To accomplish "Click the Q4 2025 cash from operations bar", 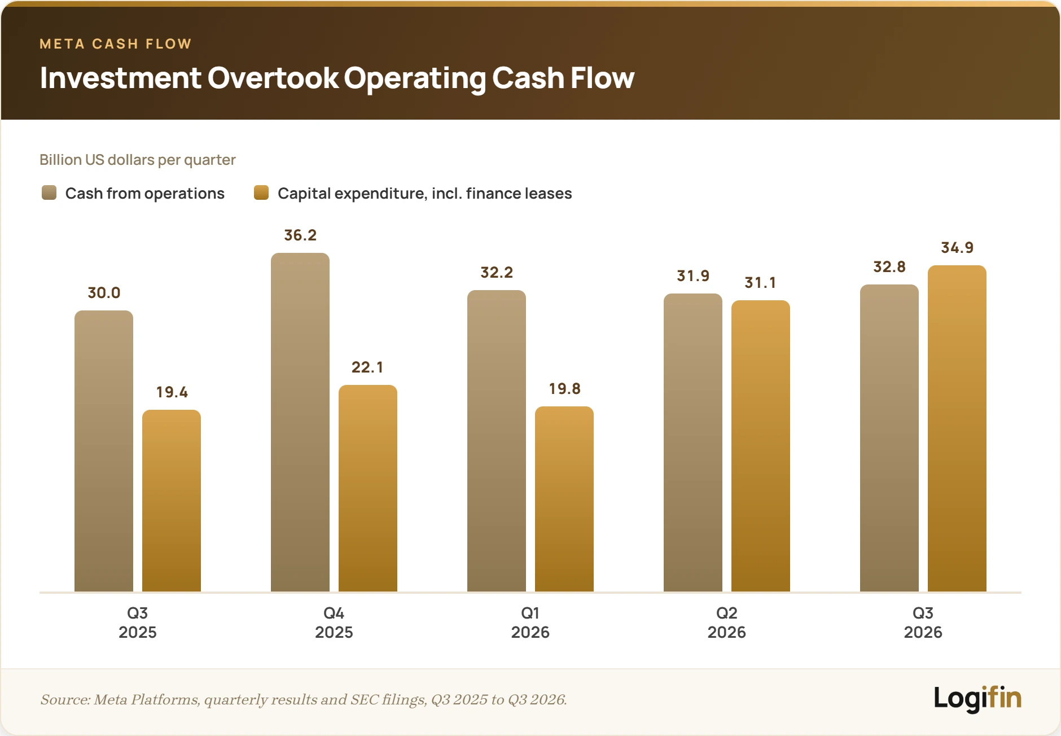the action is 300,422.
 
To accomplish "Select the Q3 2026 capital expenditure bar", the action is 957,428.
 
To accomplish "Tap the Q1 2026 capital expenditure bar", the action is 564,499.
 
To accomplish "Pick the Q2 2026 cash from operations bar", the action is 693,443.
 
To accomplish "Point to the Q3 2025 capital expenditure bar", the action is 172,501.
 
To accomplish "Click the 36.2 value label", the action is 300,235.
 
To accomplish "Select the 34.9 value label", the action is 957,248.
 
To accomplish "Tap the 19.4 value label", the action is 172,392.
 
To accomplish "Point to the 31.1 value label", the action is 760,283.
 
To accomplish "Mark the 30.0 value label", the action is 104,293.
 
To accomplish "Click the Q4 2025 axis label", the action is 334,623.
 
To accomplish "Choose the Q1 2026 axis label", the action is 530,623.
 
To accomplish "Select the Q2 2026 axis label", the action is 727,623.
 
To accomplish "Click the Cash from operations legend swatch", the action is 49,192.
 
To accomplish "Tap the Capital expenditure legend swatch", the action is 261,192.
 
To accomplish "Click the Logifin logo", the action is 977,698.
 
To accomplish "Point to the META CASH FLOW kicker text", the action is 116,44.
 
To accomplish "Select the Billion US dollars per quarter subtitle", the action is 138,160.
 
